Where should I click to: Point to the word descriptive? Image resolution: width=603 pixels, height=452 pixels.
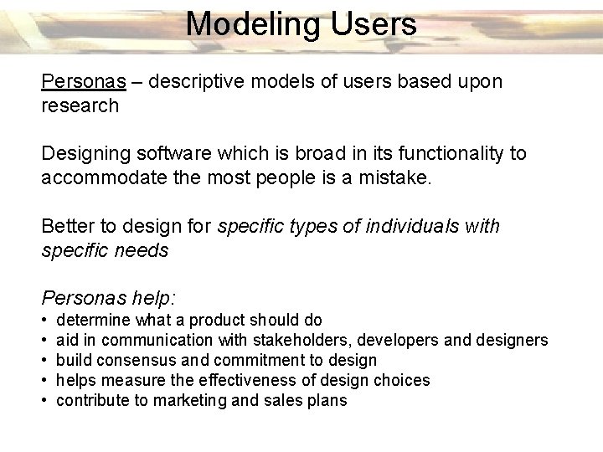tap(195, 82)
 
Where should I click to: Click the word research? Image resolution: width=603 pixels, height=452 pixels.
tap(80, 105)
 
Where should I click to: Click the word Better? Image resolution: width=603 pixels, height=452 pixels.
tap(67, 226)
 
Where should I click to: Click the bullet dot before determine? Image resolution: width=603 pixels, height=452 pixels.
tap(44, 321)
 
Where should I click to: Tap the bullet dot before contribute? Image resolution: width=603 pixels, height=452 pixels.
tap(44, 401)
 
